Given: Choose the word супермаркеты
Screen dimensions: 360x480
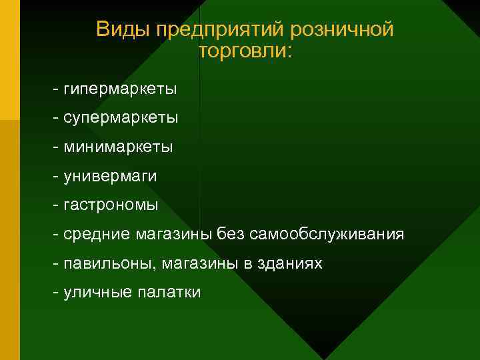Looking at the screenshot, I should (x=121, y=118).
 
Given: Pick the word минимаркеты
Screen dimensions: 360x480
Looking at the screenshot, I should (x=118, y=147).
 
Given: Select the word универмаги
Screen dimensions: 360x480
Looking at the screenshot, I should (x=111, y=176).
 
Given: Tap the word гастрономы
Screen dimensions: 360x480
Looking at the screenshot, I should (x=111, y=205).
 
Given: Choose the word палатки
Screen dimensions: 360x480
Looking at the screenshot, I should (x=169, y=293).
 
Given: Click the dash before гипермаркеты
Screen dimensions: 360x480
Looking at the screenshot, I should (x=57, y=89).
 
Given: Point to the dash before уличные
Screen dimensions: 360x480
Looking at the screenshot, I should (x=57, y=293).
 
